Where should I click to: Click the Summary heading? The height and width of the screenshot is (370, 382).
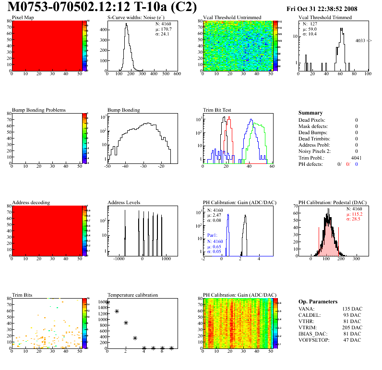tap(310, 113)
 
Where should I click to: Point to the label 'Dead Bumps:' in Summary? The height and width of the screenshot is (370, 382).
tap(312, 132)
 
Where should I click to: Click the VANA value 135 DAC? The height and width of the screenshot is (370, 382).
tap(351, 309)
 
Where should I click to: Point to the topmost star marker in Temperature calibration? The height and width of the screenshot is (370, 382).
tap(107, 302)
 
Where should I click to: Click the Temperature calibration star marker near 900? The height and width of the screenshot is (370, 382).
tap(126, 323)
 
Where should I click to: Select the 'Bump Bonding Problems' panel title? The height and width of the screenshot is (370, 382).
tap(38, 110)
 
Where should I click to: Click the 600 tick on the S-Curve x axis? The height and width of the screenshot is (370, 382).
tap(177, 74)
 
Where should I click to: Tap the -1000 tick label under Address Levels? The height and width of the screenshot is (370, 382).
tap(118, 259)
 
